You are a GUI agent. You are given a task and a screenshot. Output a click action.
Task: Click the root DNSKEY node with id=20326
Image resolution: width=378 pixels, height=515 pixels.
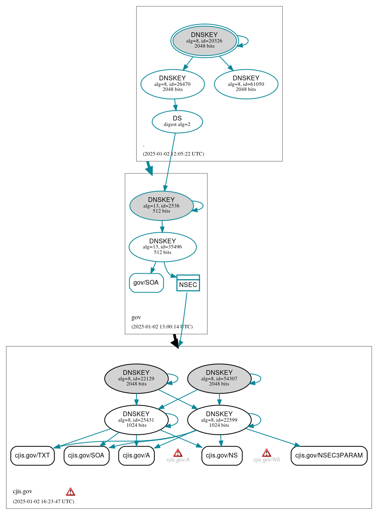coord(204,41)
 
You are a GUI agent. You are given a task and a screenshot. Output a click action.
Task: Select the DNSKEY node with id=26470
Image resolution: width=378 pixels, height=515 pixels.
coord(172,84)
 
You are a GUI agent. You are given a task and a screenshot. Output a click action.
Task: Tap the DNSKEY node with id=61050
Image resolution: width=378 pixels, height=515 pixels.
coord(246,84)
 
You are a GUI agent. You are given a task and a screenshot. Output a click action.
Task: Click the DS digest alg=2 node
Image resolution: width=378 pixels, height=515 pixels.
coord(177,122)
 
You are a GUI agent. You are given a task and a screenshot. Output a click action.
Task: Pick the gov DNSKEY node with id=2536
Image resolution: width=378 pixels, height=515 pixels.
coord(161,206)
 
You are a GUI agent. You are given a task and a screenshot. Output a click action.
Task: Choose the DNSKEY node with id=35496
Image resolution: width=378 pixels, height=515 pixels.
coord(163,247)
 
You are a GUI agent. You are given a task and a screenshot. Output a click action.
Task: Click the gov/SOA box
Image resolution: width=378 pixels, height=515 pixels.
coord(146,283)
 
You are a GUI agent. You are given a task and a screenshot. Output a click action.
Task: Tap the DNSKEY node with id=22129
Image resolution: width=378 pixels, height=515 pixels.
coord(136,378)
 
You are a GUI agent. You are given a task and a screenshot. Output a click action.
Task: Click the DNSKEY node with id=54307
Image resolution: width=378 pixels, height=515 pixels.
coord(219,378)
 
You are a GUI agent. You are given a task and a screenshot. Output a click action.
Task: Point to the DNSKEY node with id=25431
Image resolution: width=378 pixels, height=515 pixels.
coord(136,420)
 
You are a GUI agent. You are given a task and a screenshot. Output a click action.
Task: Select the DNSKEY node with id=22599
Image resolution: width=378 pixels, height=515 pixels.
coord(219,420)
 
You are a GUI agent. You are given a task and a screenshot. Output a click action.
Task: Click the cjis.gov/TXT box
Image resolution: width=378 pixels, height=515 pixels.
coord(32,456)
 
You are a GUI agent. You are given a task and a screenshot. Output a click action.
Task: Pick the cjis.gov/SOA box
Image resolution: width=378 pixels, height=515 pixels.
coord(86,456)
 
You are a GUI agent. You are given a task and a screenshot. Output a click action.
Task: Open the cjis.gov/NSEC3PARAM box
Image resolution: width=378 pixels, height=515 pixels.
coord(329,456)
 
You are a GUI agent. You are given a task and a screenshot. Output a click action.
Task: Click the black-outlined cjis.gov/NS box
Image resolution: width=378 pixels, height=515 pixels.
coord(222,456)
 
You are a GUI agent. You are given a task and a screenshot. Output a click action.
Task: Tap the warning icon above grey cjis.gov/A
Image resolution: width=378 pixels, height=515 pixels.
coord(178,453)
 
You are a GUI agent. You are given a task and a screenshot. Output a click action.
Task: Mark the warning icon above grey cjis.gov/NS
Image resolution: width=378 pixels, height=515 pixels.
coord(267,453)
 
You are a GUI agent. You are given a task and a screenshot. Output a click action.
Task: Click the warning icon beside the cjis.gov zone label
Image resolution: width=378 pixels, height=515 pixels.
coord(70,491)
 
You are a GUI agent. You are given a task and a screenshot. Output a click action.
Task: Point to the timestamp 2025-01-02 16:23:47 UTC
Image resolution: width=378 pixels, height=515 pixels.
coord(43,502)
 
